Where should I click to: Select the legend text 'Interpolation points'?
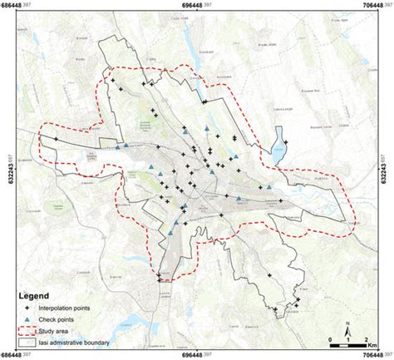pos(74,307)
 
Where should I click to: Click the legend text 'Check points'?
pos(63,318)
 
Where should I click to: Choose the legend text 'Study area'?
pos(62,330)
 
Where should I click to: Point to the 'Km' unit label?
pos(374,340)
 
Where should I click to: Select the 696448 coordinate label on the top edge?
pos(197,4)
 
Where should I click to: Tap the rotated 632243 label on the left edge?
pos(5,171)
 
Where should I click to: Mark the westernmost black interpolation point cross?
pos(56,140)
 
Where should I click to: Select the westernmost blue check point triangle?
pos(126,146)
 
